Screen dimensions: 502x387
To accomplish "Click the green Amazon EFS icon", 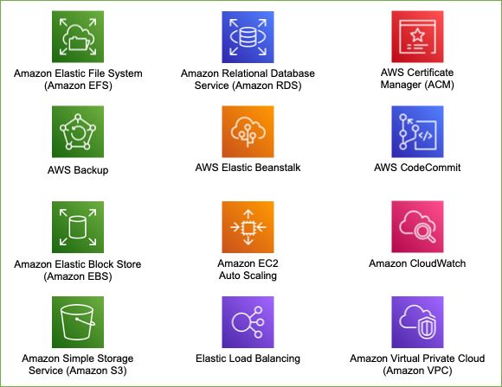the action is click(x=78, y=37).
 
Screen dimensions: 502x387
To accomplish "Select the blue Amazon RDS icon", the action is click(x=248, y=37).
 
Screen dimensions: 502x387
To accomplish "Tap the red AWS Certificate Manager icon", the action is click(x=417, y=37).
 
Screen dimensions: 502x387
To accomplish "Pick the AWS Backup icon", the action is click(x=78, y=131).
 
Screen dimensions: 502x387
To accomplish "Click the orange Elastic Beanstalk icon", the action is click(x=248, y=131).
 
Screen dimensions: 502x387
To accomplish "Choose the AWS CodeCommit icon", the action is click(x=417, y=131).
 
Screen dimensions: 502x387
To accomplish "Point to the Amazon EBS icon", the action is click(x=78, y=227).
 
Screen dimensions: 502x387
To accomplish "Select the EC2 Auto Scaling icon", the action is click(x=248, y=227).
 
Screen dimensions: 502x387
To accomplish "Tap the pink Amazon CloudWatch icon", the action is click(x=417, y=226).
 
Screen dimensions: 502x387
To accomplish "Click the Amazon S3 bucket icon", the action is click(x=78, y=322).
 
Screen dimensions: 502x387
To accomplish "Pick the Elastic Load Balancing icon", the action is click(x=248, y=322).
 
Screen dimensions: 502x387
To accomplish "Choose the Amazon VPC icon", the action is click(x=417, y=322).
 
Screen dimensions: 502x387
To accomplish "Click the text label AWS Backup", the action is click(x=78, y=170).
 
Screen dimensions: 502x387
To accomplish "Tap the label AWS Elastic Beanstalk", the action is click(x=248, y=168).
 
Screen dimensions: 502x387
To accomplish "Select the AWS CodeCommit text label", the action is click(x=417, y=168).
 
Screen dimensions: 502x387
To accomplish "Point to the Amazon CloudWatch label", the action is click(x=417, y=263).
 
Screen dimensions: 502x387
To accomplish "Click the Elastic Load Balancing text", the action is click(x=248, y=358).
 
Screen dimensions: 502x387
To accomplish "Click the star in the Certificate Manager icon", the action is click(x=417, y=35).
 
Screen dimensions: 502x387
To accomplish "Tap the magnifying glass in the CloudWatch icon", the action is click(x=424, y=232).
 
